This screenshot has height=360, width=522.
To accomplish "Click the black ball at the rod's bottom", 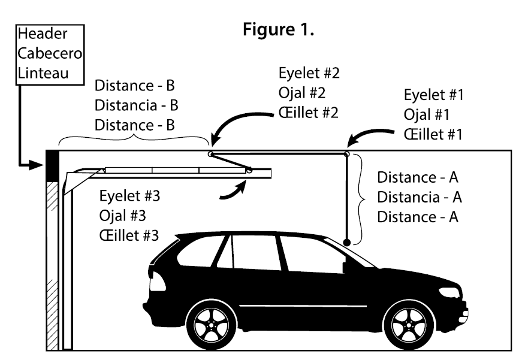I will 347,243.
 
